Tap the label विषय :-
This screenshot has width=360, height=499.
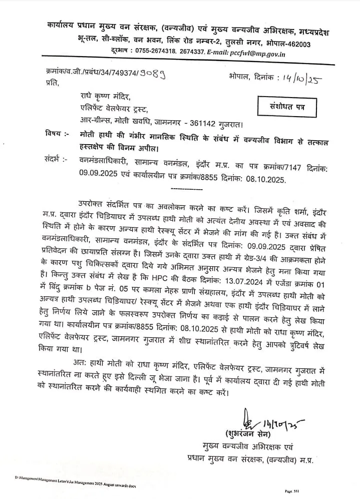54,135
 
